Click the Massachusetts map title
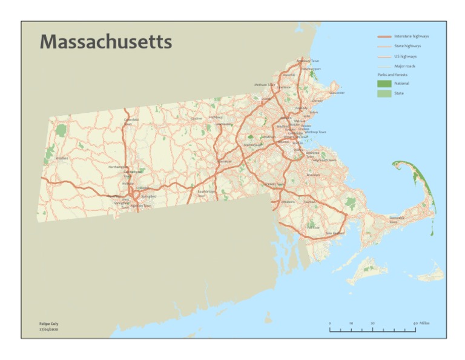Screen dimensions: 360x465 click(106, 42)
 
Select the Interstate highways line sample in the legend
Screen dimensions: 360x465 click(384, 36)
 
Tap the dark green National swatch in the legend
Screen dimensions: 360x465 click(384, 83)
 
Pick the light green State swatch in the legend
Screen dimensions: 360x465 click(384, 93)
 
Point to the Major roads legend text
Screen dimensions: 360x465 click(404, 66)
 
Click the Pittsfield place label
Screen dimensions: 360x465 click(62, 158)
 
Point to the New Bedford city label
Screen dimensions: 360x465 click(335, 233)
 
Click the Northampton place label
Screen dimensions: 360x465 click(117, 166)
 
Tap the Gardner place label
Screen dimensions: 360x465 click(196, 119)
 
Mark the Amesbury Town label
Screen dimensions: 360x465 click(308, 61)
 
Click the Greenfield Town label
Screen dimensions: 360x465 click(131, 121)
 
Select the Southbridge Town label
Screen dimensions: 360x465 click(206, 193)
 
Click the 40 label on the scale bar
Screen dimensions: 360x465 click(415, 324)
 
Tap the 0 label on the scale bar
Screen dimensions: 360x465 click(330, 324)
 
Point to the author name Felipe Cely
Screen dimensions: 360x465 click(49, 324)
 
